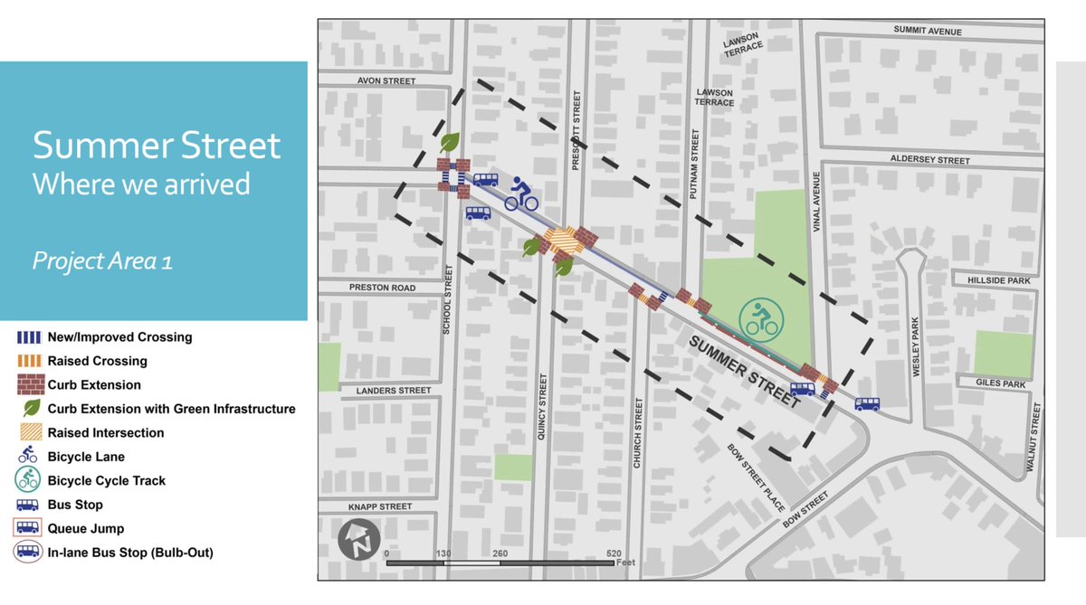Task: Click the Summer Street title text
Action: [157, 146]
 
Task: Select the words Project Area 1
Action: [102, 261]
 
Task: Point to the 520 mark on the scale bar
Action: [614, 553]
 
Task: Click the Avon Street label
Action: [386, 81]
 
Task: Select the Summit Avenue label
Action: [927, 31]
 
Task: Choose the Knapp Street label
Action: [380, 507]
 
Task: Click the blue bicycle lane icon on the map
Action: [522, 194]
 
